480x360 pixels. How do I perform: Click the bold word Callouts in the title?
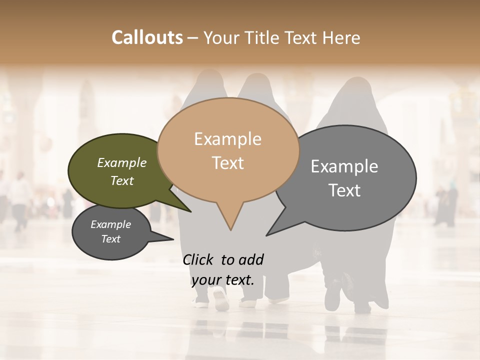(147, 37)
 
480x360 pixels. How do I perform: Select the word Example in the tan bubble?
(227, 139)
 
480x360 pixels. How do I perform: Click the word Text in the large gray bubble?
(344, 190)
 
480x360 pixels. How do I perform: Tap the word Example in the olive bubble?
(122, 162)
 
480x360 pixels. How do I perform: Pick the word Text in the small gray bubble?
(110, 239)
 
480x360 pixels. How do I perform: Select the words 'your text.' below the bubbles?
(223, 280)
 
